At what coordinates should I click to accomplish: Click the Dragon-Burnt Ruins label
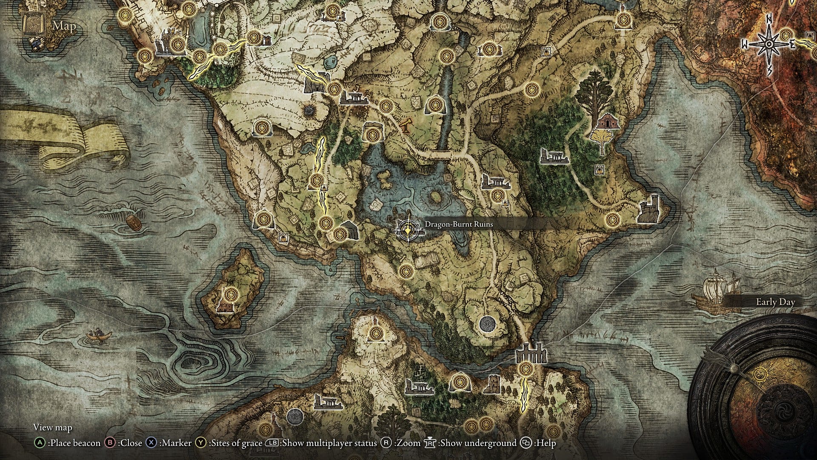click(458, 224)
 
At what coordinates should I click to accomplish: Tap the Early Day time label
click(775, 302)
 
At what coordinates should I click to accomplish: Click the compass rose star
click(769, 44)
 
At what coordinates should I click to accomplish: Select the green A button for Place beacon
click(40, 443)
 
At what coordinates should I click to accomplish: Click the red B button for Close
click(110, 443)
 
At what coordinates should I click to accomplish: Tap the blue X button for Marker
click(151, 443)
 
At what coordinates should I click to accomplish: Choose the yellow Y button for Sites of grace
click(201, 443)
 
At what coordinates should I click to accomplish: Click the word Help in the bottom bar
click(546, 443)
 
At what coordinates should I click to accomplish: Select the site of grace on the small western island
click(231, 293)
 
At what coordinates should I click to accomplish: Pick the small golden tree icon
click(602, 139)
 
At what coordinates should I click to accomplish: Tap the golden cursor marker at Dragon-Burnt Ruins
click(408, 230)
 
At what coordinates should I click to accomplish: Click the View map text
click(53, 427)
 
